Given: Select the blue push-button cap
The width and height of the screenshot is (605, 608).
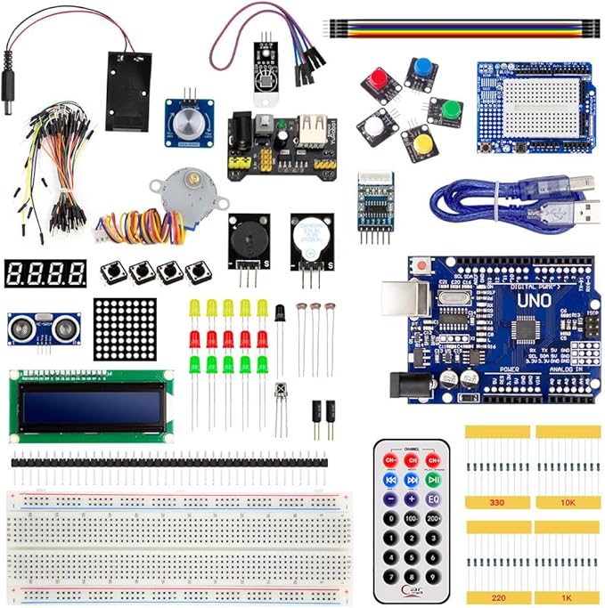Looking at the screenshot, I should pyautogui.click(x=423, y=69).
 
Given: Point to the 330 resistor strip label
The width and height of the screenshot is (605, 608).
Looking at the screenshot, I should pyautogui.click(x=496, y=503).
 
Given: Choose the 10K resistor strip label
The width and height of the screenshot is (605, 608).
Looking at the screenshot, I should pyautogui.click(x=567, y=503).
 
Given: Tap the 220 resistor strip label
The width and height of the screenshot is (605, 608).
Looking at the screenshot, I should pyautogui.click(x=496, y=597).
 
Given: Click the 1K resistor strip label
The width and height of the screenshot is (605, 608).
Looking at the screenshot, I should pyautogui.click(x=567, y=597).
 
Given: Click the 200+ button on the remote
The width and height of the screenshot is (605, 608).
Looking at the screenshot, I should pyautogui.click(x=433, y=518).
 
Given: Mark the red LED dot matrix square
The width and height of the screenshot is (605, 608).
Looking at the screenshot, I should pyautogui.click(x=125, y=328).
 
